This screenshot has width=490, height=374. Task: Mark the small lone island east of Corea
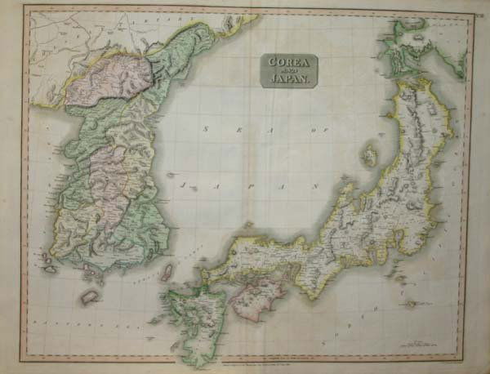[171, 173]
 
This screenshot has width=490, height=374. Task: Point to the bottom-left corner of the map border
[23, 359]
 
